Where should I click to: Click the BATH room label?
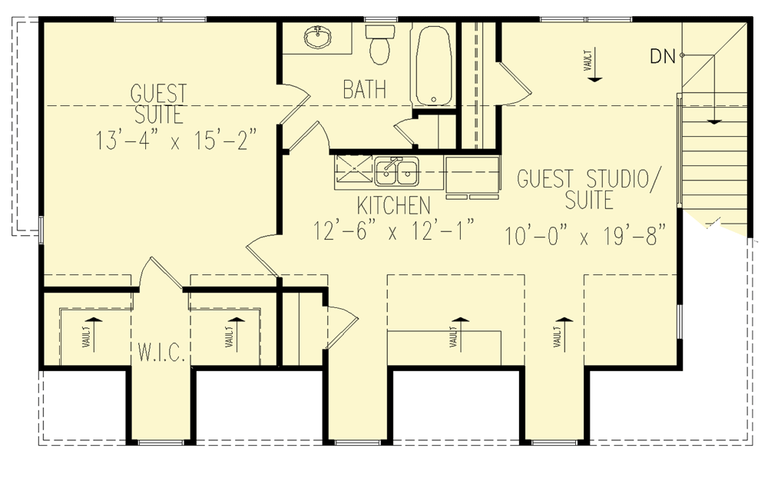tap(364, 91)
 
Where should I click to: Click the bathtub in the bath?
tap(433, 65)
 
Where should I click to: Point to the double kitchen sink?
tap(397, 172)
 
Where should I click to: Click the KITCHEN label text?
tap(392, 206)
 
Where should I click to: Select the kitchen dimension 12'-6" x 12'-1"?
tap(394, 231)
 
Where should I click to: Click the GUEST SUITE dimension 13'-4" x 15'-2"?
tap(176, 141)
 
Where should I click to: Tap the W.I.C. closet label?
tap(161, 354)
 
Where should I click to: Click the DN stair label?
tap(663, 55)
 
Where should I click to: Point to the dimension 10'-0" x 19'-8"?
tap(584, 234)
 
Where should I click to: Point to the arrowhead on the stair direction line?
tap(714, 120)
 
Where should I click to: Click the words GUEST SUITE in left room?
tap(158, 105)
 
